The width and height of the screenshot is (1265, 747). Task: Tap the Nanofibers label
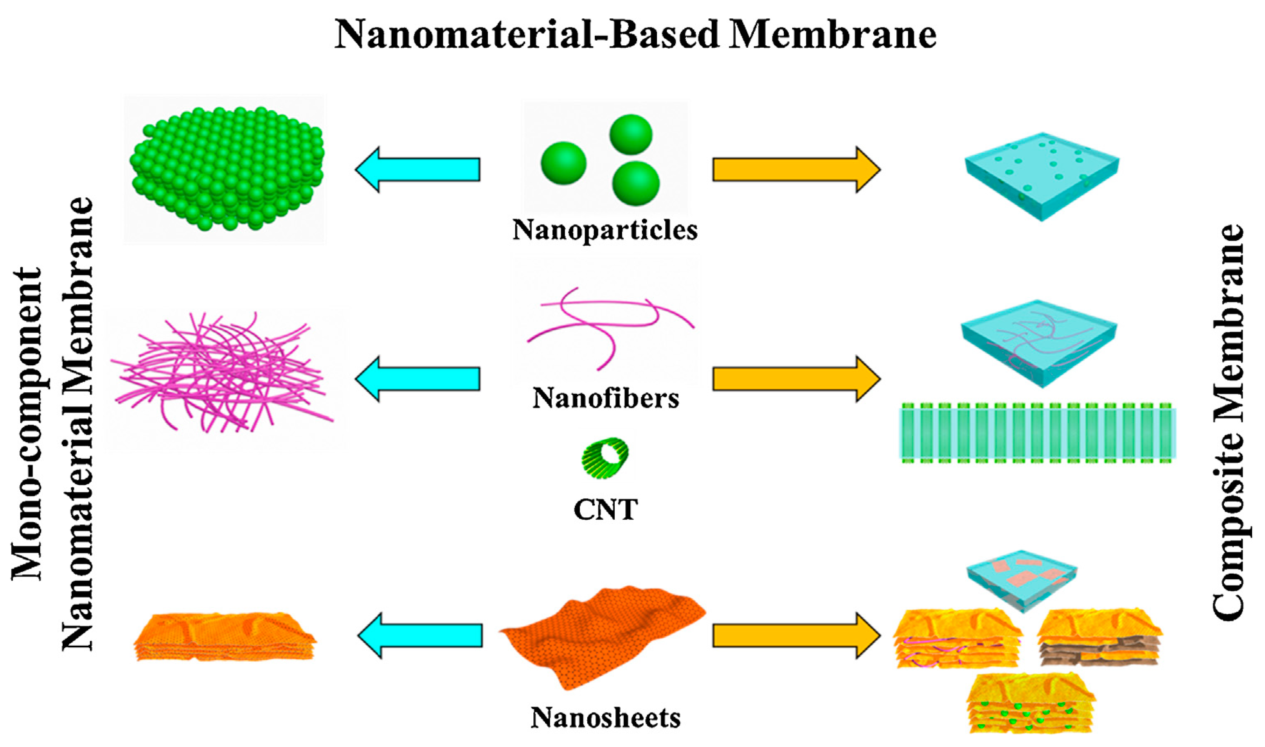click(x=606, y=399)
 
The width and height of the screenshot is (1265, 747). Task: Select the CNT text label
click(x=605, y=510)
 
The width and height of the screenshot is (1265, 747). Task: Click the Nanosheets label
click(x=605, y=717)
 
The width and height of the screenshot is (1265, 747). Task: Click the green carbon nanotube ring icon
click(x=605, y=458)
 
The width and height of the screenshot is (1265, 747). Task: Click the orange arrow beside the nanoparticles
click(x=795, y=170)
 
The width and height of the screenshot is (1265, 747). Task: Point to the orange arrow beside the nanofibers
click(x=795, y=379)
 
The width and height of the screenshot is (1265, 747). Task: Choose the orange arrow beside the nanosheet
click(x=795, y=635)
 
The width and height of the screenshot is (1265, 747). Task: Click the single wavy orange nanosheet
click(x=602, y=635)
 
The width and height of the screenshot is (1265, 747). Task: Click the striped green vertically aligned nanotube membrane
click(x=1037, y=433)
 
